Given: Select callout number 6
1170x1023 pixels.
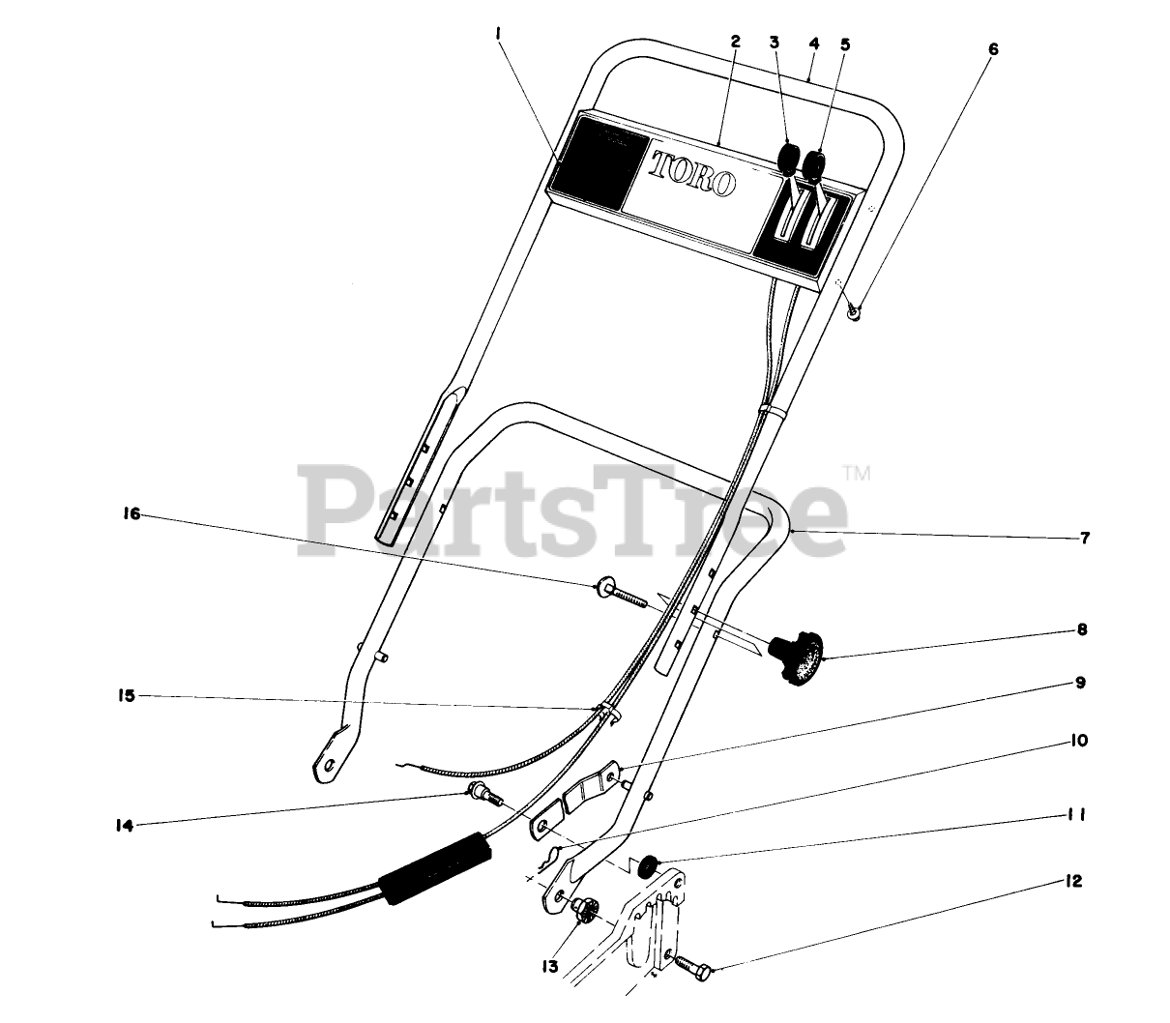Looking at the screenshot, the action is coord(994,48).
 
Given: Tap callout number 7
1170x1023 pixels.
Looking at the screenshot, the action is coord(1085,539).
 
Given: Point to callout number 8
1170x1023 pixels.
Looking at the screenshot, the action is coord(1081,629).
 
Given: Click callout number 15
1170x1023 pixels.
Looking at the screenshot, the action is coord(127,695).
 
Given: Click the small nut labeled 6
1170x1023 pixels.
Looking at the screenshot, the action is coord(854,311).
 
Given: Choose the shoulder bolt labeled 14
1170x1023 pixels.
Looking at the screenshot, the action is coord(481,797).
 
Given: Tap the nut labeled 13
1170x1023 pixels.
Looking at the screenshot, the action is coord(584,909).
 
